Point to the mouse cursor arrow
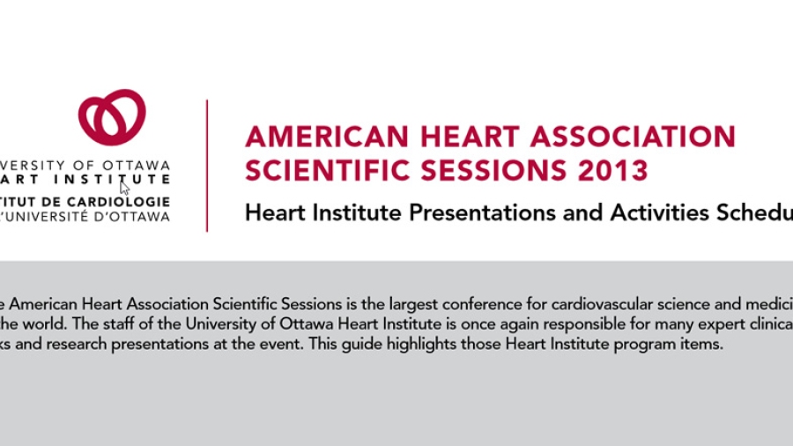click(124, 187)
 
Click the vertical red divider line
click(207, 166)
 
